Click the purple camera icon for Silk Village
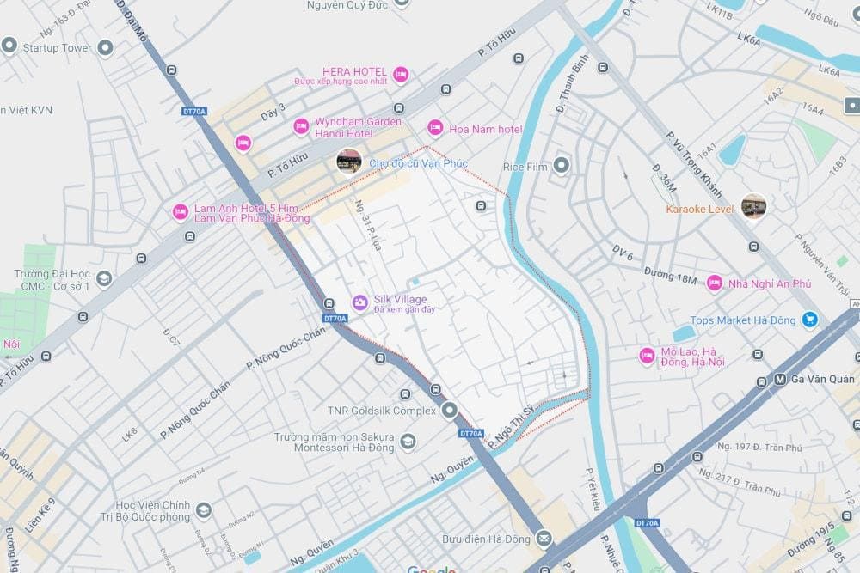click(x=360, y=302)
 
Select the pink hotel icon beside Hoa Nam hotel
click(x=435, y=128)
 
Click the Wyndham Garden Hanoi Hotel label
click(x=346, y=127)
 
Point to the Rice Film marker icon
click(x=562, y=165)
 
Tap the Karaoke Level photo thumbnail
click(x=753, y=205)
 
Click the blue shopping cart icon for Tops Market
click(x=809, y=320)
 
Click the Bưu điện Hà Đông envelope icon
click(x=544, y=539)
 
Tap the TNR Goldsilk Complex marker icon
click(x=449, y=411)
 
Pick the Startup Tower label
click(x=57, y=47)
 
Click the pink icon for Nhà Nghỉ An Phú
click(x=714, y=283)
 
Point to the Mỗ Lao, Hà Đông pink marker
click(x=647, y=356)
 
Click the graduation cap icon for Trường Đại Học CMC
click(x=104, y=278)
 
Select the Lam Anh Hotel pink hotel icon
click(x=180, y=211)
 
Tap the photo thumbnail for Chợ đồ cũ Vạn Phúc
click(x=348, y=161)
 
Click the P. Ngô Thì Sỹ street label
click(x=511, y=427)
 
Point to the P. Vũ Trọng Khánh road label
click(x=693, y=163)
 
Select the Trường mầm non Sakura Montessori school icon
click(x=408, y=442)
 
